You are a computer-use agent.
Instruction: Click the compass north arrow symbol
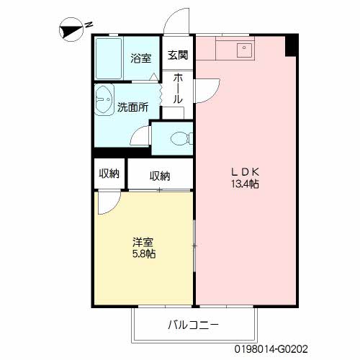[x=71, y=30]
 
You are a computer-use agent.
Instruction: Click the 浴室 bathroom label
[x=141, y=58]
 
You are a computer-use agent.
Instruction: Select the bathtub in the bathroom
[x=109, y=58]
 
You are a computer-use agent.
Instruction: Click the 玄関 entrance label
[x=178, y=55]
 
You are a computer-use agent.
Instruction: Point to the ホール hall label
[x=178, y=89]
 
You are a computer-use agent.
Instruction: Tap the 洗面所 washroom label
[x=132, y=107]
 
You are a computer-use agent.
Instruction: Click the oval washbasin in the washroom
[x=104, y=101]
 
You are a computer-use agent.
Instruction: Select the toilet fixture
[x=181, y=139]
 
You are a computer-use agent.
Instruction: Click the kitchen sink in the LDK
[x=244, y=50]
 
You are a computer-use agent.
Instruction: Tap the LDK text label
[x=245, y=172]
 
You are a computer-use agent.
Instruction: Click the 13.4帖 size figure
[x=245, y=184]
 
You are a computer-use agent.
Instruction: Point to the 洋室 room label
[x=143, y=242]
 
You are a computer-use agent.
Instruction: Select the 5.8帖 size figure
[x=144, y=253]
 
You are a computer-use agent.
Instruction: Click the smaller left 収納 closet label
[x=109, y=174]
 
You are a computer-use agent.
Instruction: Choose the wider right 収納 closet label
[x=160, y=176]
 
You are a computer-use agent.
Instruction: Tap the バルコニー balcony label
[x=193, y=325]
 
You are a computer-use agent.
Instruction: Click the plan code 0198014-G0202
[x=271, y=349]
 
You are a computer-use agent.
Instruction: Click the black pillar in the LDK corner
[x=292, y=46]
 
